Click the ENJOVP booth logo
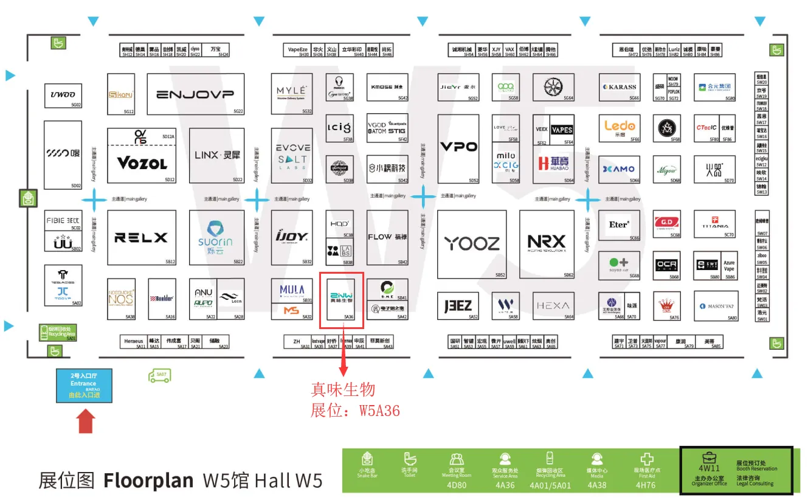click(195, 94)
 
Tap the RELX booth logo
click(142, 237)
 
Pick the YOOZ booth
click(471, 244)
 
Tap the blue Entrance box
click(84, 386)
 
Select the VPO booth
click(458, 147)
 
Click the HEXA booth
click(553, 305)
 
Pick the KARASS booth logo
click(620, 87)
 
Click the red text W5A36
click(379, 411)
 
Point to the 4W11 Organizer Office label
click(709, 468)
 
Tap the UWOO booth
click(63, 95)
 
